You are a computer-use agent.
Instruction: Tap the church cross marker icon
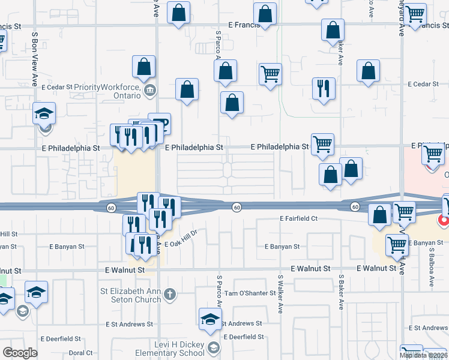click(170, 294)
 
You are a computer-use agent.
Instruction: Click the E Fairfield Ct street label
click(298, 219)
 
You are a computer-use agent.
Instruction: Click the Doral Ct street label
click(80, 353)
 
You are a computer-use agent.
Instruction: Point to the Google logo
click(20, 353)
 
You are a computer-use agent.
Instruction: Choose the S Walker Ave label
click(280, 294)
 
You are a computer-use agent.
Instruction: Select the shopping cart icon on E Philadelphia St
click(323, 143)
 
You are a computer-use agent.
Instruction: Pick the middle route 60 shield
click(237, 207)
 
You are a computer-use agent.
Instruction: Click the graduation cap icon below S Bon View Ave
click(44, 114)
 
